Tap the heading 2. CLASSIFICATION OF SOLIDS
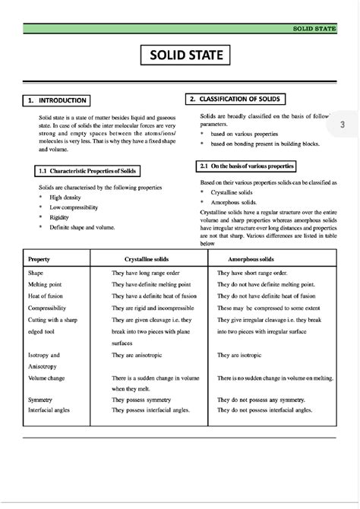236,100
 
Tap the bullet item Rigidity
59,217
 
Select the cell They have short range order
252,272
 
